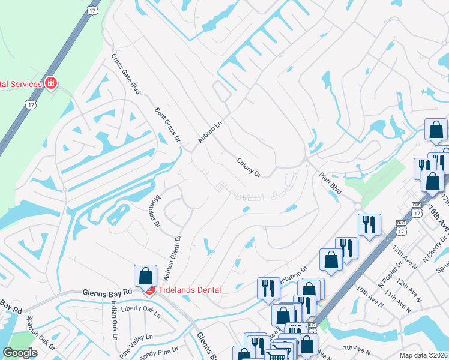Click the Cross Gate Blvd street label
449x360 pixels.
pos(125,74)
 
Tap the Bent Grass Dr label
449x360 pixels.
pos(167,125)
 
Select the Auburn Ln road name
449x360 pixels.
pos(210,130)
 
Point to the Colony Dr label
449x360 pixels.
pos(249,167)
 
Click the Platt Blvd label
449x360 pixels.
pos(330,184)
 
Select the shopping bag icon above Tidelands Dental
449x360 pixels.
pos(145,275)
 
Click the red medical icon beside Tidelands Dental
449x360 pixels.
pos(149,290)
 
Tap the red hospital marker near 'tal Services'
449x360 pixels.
pos(51,83)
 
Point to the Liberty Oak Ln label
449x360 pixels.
pos(141,310)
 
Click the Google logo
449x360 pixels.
pos(20,353)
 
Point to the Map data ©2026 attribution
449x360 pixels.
pos(423,355)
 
